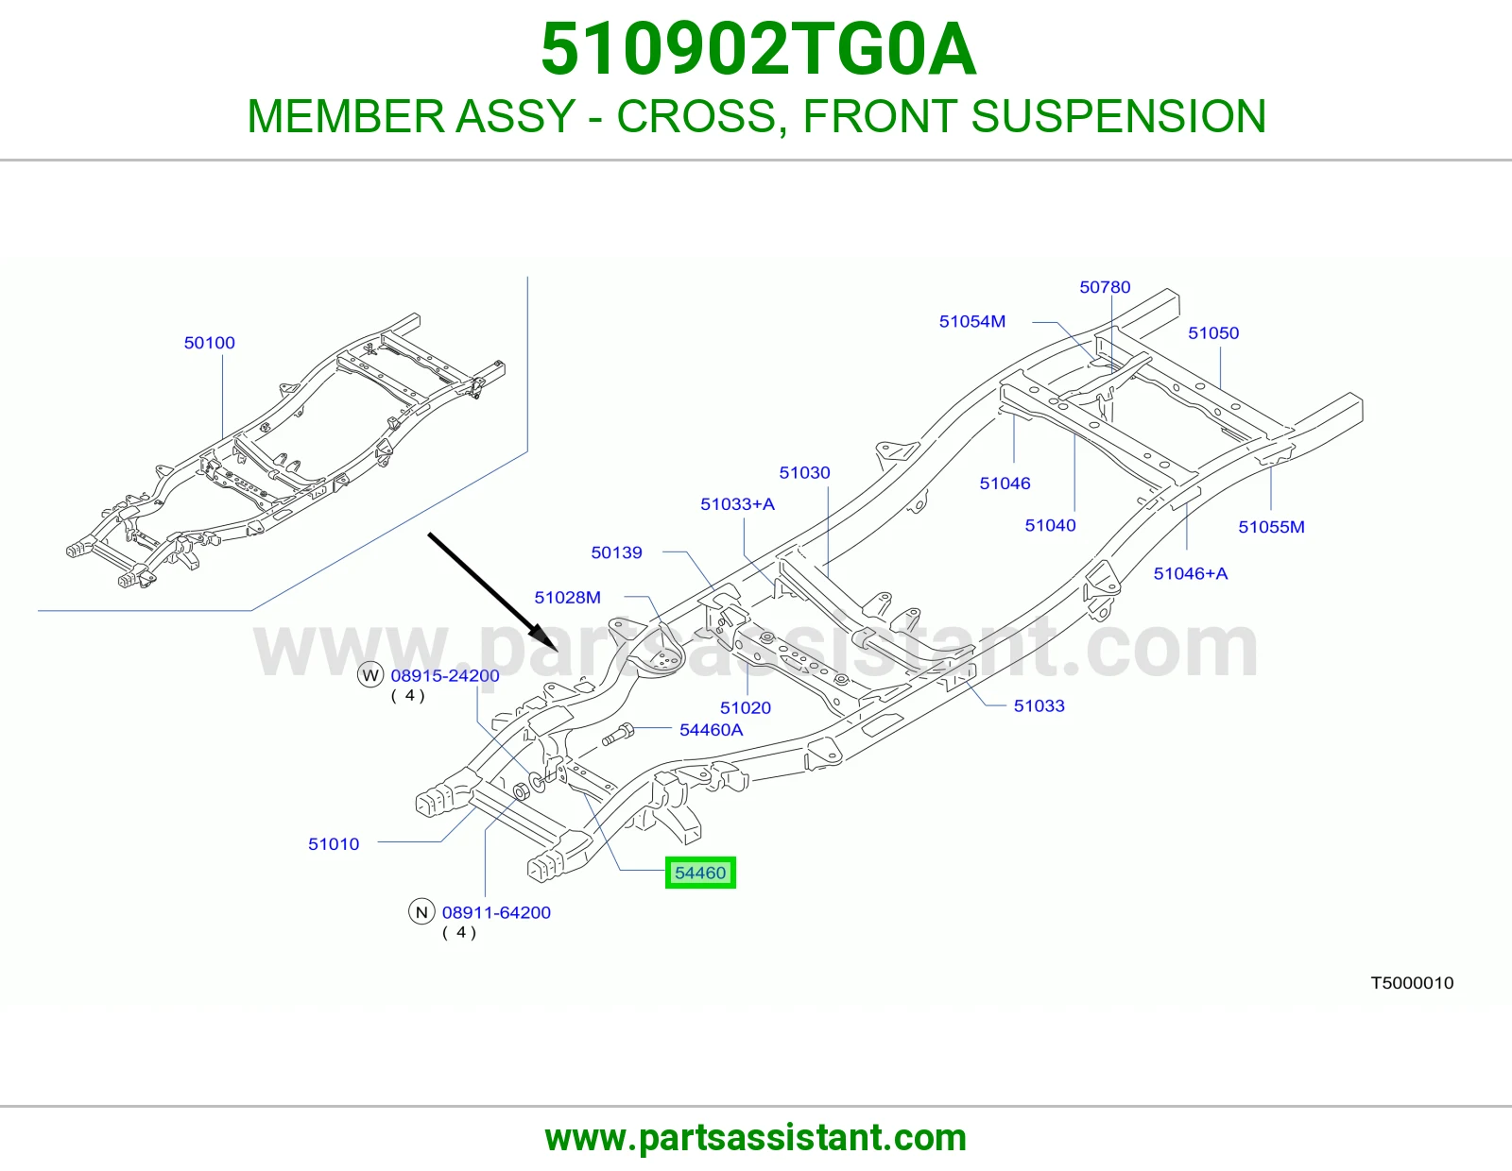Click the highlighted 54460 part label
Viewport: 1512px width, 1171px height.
point(700,873)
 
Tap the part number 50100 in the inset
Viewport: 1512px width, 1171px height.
point(210,343)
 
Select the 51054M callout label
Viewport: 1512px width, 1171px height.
point(972,321)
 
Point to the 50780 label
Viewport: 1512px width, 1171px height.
point(1105,287)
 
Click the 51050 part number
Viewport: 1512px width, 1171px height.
point(1213,333)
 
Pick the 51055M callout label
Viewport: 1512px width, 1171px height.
point(1271,527)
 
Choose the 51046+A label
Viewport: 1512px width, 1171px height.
point(1191,573)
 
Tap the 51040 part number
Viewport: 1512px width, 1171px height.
point(1050,526)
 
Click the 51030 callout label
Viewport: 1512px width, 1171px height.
point(804,473)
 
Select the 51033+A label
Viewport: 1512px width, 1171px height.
point(737,504)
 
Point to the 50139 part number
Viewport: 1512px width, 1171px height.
point(616,552)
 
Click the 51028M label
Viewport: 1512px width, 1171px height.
point(567,598)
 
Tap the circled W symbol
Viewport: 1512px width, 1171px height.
point(370,675)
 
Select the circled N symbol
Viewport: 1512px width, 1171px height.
point(421,912)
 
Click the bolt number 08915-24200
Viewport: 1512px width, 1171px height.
point(445,676)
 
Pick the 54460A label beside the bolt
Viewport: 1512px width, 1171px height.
point(712,730)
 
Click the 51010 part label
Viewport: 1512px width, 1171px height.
point(334,844)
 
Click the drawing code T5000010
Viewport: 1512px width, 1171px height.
point(1412,983)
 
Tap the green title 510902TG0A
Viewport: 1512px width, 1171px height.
point(759,49)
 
